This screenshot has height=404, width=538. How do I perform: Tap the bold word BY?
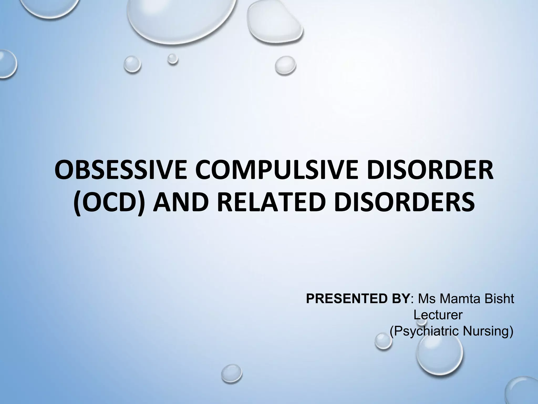(397, 299)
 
